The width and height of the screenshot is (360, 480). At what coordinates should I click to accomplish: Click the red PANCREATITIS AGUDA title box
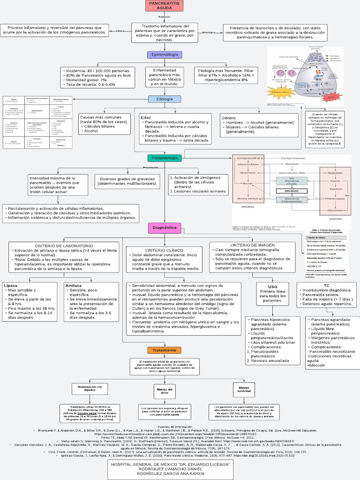click(x=164, y=6)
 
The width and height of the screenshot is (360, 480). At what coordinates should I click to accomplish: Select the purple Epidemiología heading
click(x=164, y=55)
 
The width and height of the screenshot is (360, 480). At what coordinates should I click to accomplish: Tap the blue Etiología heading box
click(x=164, y=99)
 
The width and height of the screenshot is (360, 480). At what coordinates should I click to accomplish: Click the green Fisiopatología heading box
click(x=164, y=158)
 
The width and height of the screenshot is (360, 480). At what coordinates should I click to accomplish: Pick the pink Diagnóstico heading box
click(x=165, y=228)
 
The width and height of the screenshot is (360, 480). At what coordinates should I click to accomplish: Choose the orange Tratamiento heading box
click(x=164, y=350)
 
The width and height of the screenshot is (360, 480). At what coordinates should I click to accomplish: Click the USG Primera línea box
click(x=272, y=293)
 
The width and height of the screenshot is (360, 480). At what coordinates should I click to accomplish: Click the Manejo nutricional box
click(x=244, y=390)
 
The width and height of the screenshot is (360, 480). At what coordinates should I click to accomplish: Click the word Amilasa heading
click(x=74, y=285)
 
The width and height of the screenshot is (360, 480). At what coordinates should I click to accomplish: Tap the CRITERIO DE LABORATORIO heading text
click(x=64, y=246)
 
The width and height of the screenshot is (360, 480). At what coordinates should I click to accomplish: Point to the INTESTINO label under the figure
click(x=335, y=219)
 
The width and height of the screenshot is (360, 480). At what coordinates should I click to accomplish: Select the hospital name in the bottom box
click(x=170, y=464)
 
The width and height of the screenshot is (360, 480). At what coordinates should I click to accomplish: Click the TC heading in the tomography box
click(x=326, y=285)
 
